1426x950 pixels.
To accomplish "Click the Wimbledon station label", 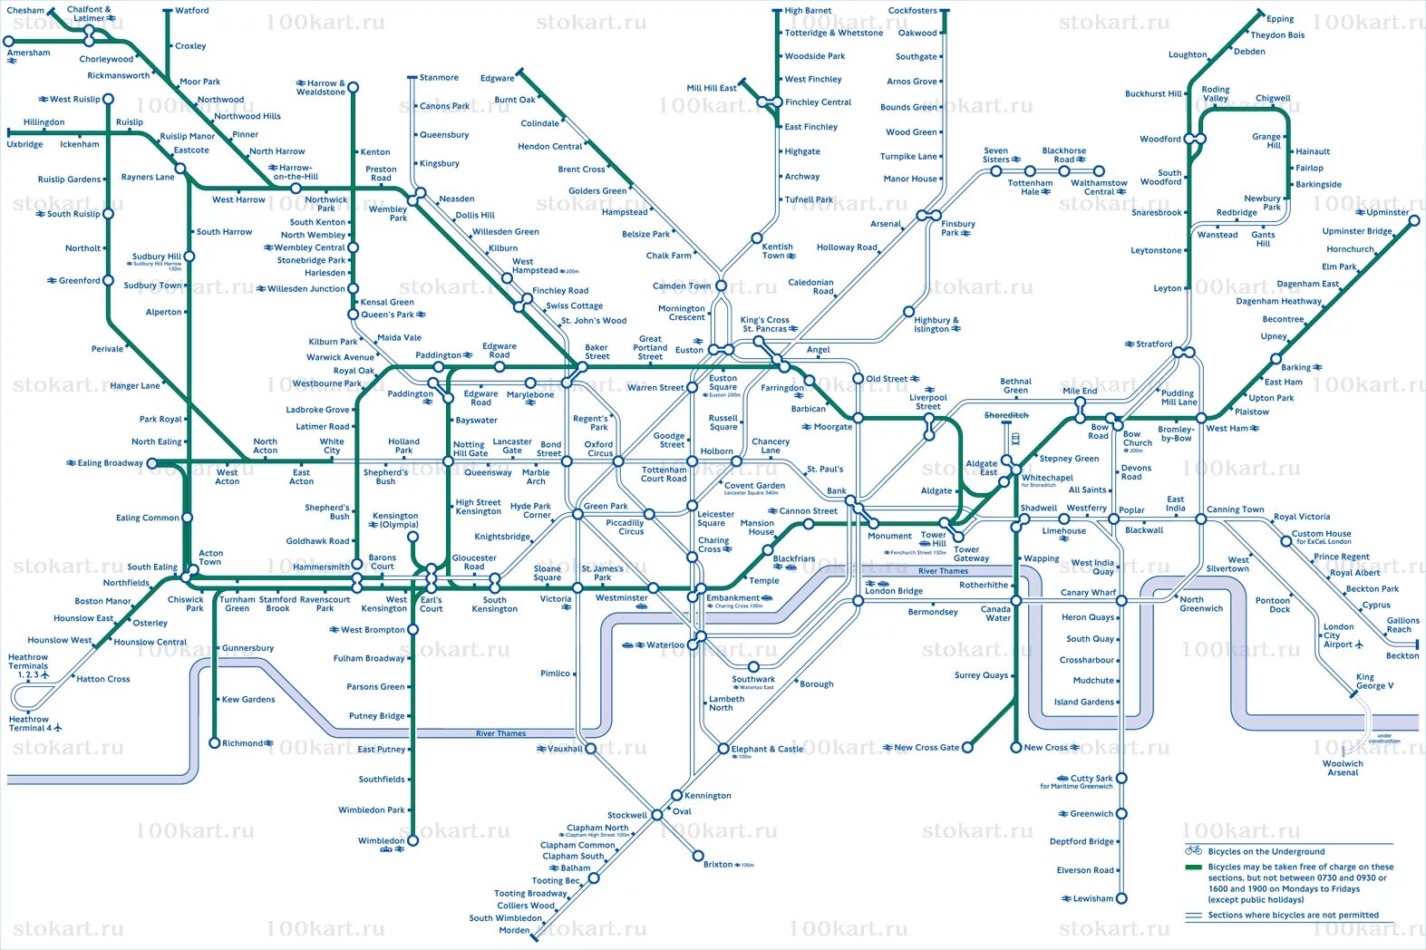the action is point(381,841).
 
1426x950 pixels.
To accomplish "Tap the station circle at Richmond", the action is point(215,743).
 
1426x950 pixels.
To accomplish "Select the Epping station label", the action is point(1280,19).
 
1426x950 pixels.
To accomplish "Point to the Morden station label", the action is point(514,931).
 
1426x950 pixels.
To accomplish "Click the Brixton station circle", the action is point(698,856).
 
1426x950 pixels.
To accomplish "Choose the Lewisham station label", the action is point(1092,899).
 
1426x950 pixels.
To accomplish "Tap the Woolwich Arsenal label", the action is point(1343,768).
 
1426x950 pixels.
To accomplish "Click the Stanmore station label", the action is point(439,78).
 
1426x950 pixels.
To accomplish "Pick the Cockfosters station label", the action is point(912,11).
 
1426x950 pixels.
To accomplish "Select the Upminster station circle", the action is point(1414,220).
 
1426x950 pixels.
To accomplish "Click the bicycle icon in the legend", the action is point(1193,850).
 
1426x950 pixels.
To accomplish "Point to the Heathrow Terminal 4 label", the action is point(29,723).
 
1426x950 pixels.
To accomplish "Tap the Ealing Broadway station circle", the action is point(152,463).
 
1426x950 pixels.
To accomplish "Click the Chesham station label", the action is point(25,11).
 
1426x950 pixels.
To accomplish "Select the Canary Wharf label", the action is point(1088,593).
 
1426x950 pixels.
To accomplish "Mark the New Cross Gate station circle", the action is point(967,748).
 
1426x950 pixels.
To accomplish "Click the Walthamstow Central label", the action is point(1099,187).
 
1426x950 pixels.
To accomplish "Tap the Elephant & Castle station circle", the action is point(723,749).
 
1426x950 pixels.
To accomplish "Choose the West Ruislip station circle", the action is point(108,100).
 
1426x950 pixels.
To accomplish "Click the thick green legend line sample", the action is point(1193,868).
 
